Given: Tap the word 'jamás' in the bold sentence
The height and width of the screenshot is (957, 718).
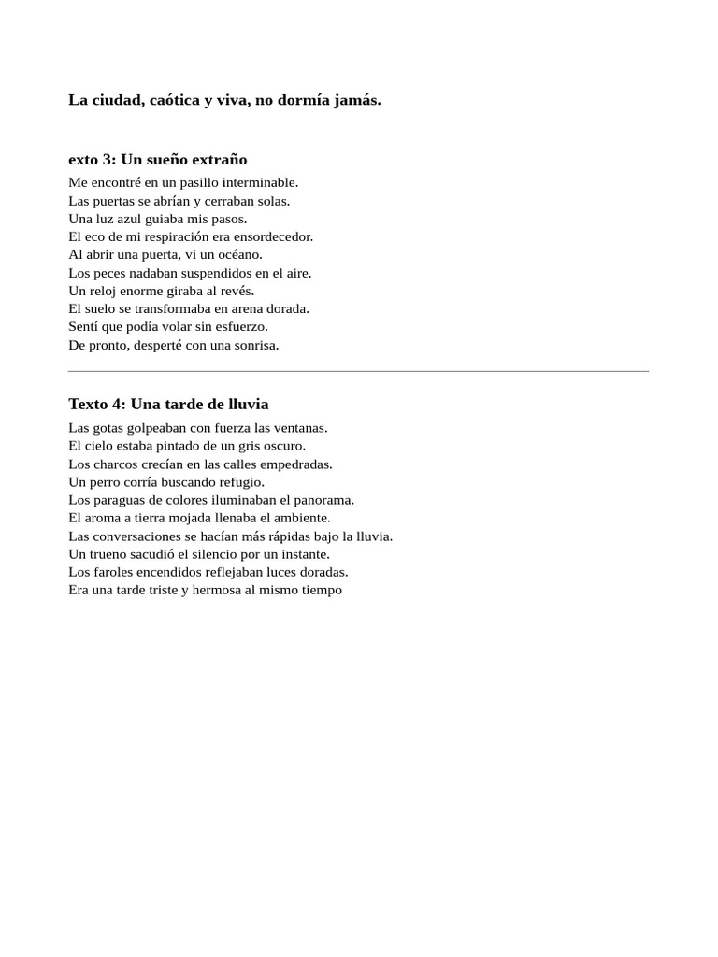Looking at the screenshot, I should [x=358, y=100].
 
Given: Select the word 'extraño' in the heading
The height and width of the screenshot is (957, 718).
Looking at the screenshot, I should [x=219, y=160].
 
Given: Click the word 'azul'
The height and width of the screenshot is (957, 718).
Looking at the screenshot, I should [x=130, y=219].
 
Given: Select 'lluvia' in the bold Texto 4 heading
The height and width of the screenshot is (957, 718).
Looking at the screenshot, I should [x=244, y=405].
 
